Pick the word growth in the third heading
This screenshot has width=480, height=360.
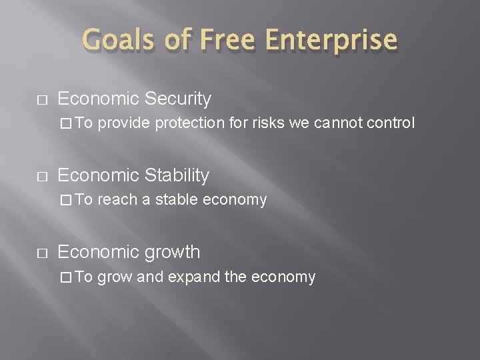point(167,253)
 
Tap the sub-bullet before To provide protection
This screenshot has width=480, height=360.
point(65,123)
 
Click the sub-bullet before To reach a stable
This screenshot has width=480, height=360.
point(65,200)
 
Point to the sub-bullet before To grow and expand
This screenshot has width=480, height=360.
point(65,277)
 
